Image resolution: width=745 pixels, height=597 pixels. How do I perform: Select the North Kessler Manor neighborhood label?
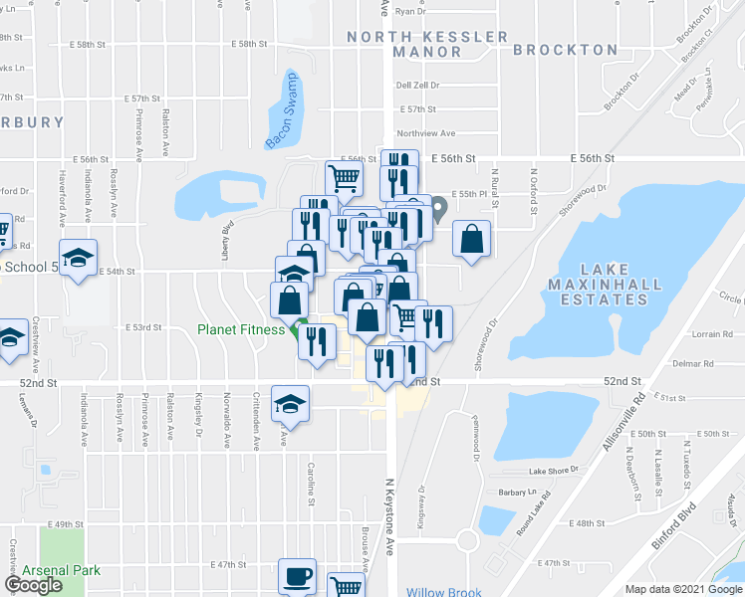point(427,44)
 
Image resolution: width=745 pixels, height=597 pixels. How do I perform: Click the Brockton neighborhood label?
point(565,49)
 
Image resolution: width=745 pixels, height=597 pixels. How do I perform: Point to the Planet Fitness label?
point(241,330)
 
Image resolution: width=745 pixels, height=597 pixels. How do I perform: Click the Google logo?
point(33,585)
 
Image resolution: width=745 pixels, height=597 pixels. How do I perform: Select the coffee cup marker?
point(298,575)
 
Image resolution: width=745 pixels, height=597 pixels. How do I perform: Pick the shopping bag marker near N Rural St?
point(472,239)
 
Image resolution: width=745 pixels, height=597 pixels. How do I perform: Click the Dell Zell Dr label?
point(416,86)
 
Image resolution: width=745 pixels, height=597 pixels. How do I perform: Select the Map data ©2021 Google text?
point(682,589)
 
